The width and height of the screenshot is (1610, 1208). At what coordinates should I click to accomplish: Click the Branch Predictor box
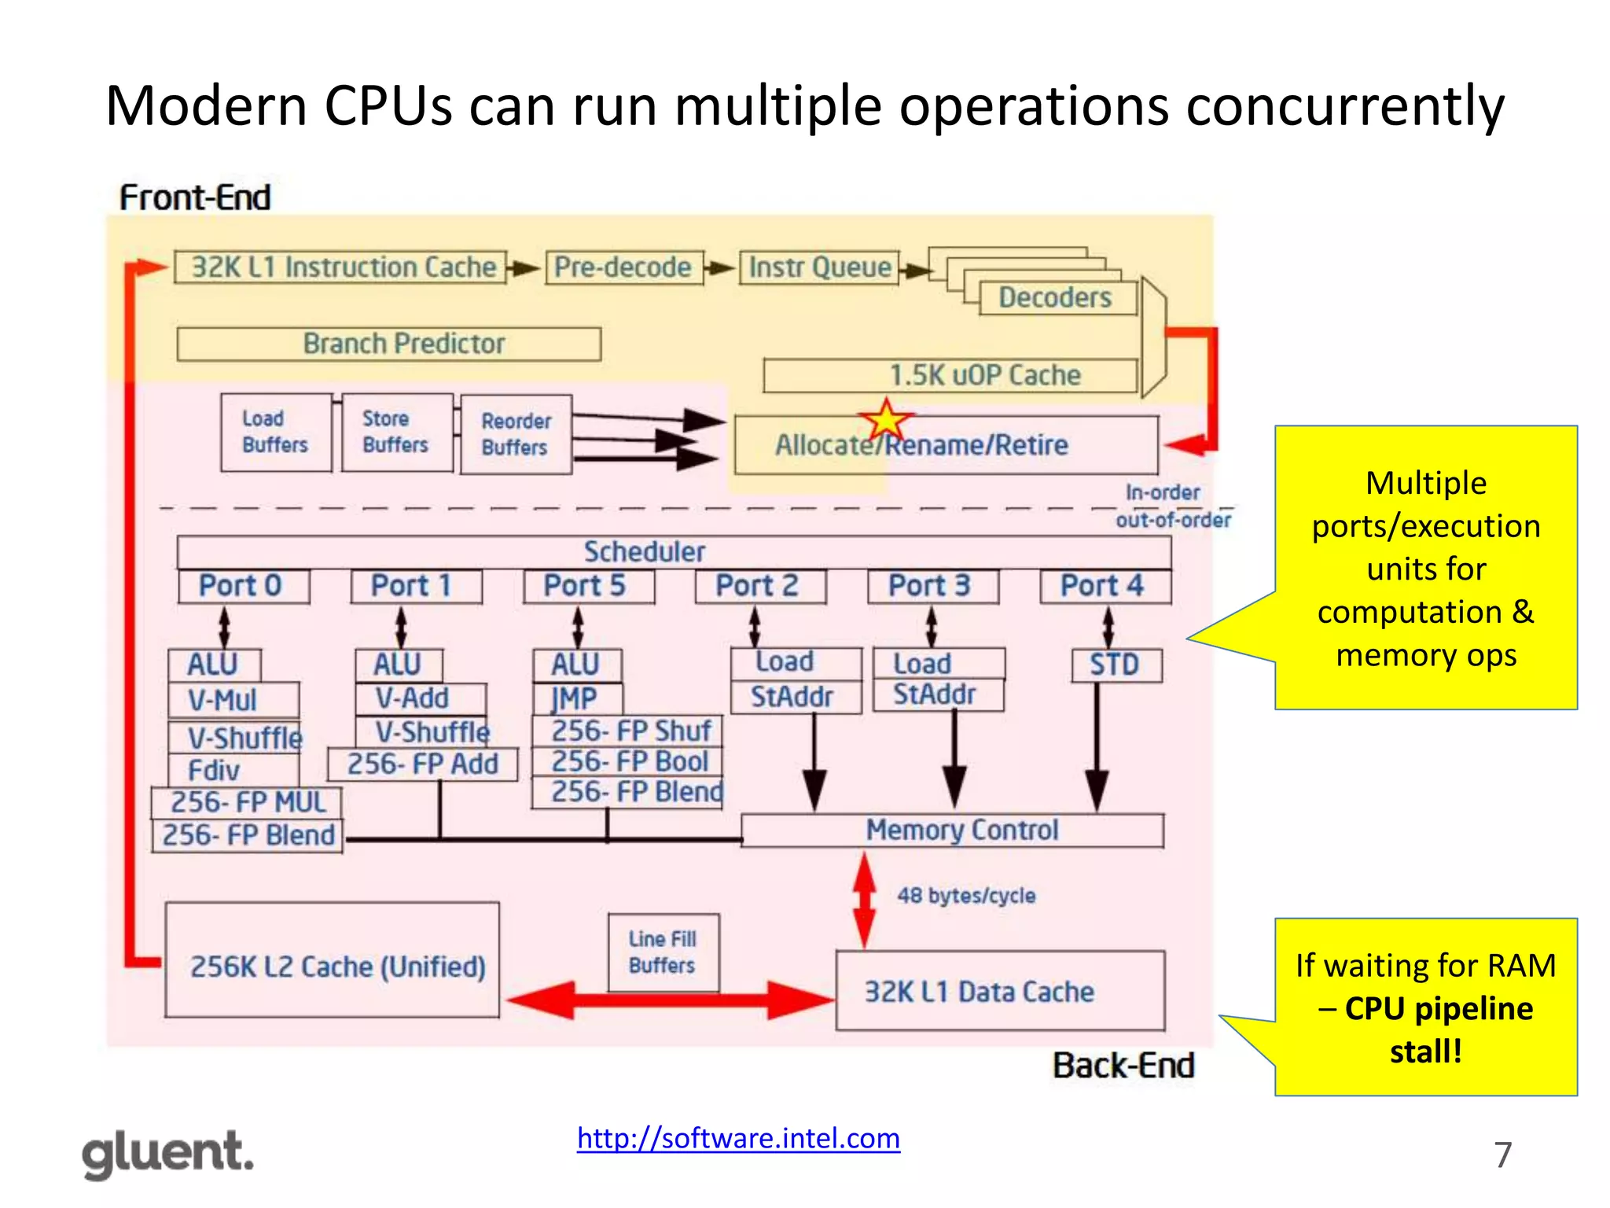(x=389, y=344)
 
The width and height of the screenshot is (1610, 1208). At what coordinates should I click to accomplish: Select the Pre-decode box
(x=623, y=267)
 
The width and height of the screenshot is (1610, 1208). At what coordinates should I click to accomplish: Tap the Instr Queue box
(x=819, y=267)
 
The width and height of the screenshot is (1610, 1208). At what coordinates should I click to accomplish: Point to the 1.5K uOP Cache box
(x=950, y=375)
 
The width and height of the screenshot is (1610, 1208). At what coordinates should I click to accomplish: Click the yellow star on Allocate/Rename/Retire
(x=886, y=421)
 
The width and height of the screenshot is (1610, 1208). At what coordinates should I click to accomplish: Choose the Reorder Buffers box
(x=516, y=434)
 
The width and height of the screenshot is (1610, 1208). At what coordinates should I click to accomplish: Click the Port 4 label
(x=1104, y=586)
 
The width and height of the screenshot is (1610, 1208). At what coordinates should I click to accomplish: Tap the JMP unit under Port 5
(x=576, y=698)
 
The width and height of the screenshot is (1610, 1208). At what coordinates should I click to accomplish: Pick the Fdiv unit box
(x=233, y=769)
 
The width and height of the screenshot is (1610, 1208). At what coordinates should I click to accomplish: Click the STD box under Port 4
(x=1116, y=665)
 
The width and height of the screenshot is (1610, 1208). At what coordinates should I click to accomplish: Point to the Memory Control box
(x=952, y=830)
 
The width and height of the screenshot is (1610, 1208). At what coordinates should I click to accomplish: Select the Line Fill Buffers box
(x=663, y=952)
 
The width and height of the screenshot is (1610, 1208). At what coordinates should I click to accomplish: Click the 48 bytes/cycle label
(x=966, y=896)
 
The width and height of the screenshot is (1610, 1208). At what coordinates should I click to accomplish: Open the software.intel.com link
(x=738, y=1138)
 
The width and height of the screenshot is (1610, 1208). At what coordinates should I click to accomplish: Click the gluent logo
(x=168, y=1154)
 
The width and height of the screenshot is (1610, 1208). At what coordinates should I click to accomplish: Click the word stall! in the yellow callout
(x=1425, y=1051)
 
